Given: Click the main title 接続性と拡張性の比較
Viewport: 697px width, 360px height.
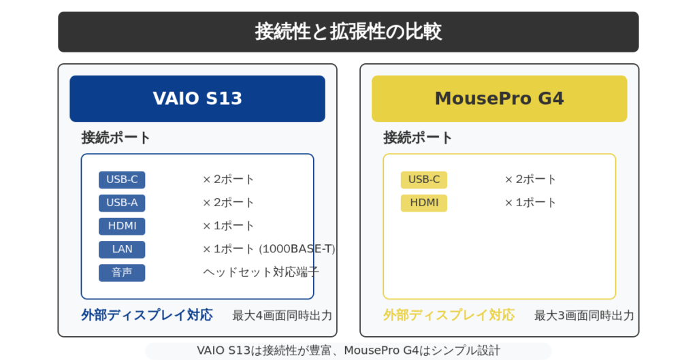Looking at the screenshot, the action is coord(348,32).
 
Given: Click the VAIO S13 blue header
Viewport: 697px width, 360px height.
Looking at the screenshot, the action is coord(197,99).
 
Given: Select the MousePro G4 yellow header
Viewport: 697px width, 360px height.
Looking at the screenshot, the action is coord(499,99).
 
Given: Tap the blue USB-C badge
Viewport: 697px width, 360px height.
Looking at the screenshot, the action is coord(122,180).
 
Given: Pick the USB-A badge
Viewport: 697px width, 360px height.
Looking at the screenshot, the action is coord(122,203).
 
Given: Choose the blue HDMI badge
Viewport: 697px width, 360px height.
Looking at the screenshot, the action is coord(122,226).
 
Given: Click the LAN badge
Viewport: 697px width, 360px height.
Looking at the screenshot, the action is coord(122,249).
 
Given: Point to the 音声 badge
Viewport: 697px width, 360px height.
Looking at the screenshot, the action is coord(122,272).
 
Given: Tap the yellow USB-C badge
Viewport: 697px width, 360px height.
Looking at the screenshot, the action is coord(423,180).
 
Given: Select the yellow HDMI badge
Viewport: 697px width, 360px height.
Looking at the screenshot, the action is coord(423,203).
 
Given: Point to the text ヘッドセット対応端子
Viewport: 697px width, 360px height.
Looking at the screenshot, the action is coord(261,272).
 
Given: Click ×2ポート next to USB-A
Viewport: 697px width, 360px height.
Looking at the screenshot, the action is coord(229,203).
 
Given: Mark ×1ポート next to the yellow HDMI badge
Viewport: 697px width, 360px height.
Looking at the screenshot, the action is coord(530,203).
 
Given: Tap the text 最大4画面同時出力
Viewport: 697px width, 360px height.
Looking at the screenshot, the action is coord(282,316).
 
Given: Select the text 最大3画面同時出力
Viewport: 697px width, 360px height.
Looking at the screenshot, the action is coord(584,316).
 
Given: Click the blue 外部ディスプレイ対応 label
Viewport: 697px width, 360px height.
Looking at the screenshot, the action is coord(147,315).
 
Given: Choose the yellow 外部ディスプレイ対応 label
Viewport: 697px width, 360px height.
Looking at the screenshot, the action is coord(449,315).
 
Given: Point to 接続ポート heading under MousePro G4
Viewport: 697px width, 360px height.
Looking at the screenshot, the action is coord(418,137).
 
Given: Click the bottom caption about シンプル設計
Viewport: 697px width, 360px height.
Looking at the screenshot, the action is coord(348,350).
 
